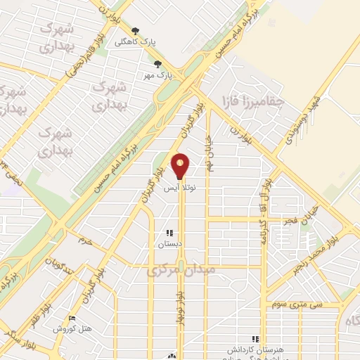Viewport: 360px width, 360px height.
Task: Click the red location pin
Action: click(181, 165)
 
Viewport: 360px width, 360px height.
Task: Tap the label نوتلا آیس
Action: click(181, 189)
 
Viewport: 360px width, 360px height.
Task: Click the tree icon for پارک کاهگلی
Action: click(136, 31)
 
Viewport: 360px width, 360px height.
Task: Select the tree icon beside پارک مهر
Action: click(157, 63)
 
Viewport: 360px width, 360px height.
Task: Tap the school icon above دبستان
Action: click(169, 233)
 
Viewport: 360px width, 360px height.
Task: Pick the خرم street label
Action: click(86, 241)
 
